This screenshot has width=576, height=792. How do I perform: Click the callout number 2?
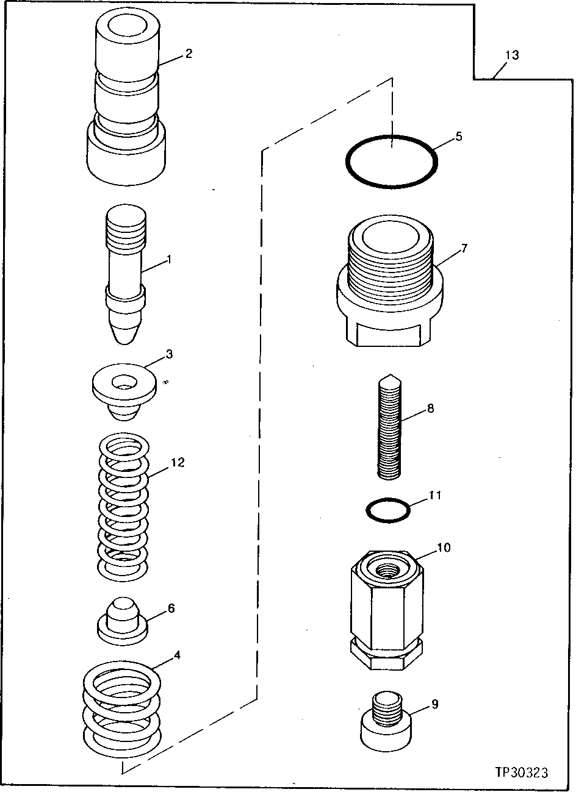pyautogui.click(x=189, y=54)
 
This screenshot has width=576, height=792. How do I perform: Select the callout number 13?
pyautogui.click(x=511, y=55)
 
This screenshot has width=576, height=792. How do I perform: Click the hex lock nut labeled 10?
pyautogui.click(x=386, y=610)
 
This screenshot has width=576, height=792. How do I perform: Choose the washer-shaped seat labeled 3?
pyautogui.click(x=123, y=390)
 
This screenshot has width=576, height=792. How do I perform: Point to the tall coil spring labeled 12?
pyautogui.click(x=123, y=506)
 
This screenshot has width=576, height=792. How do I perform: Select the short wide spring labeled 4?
pyautogui.click(x=123, y=707)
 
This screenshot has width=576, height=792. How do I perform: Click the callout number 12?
pyautogui.click(x=177, y=463)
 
